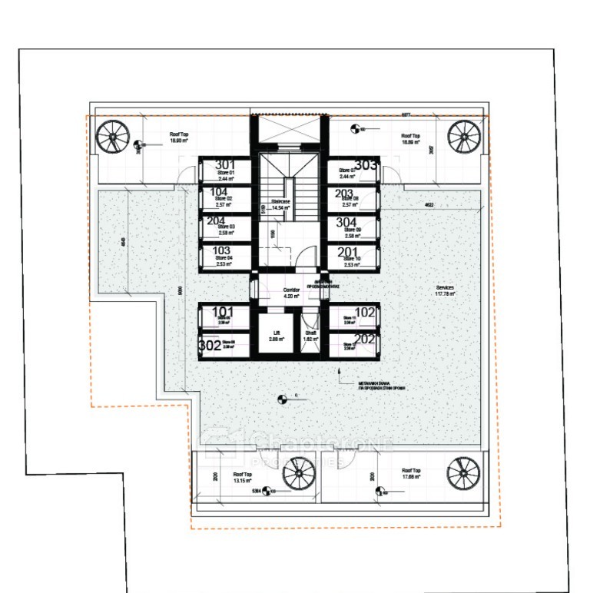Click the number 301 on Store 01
coord(225,165)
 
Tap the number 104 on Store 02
coord(219,193)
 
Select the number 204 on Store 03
coord(217,220)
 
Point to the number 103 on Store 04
coord(221,250)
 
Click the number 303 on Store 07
coord(366,165)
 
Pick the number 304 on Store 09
coord(346,222)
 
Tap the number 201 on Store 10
coord(348,252)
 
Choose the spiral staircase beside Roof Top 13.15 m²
coord(298,472)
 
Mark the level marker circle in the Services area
coord(282,398)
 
